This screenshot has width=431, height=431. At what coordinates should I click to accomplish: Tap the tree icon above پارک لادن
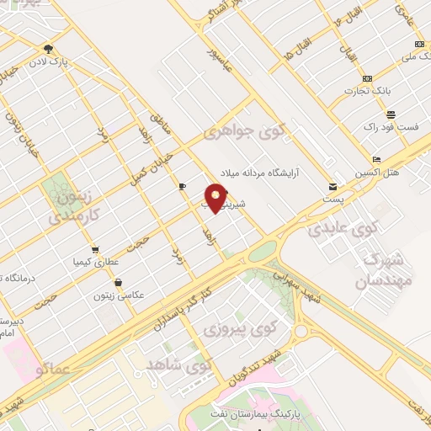point(48,50)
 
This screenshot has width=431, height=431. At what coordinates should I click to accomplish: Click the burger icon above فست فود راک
point(391,114)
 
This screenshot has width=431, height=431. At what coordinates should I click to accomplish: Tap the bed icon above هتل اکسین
point(376,159)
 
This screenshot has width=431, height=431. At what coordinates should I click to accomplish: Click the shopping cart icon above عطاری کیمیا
point(95,249)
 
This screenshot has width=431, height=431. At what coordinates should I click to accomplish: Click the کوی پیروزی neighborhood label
point(221,327)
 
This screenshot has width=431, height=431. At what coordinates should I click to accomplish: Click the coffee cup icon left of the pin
point(183,186)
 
